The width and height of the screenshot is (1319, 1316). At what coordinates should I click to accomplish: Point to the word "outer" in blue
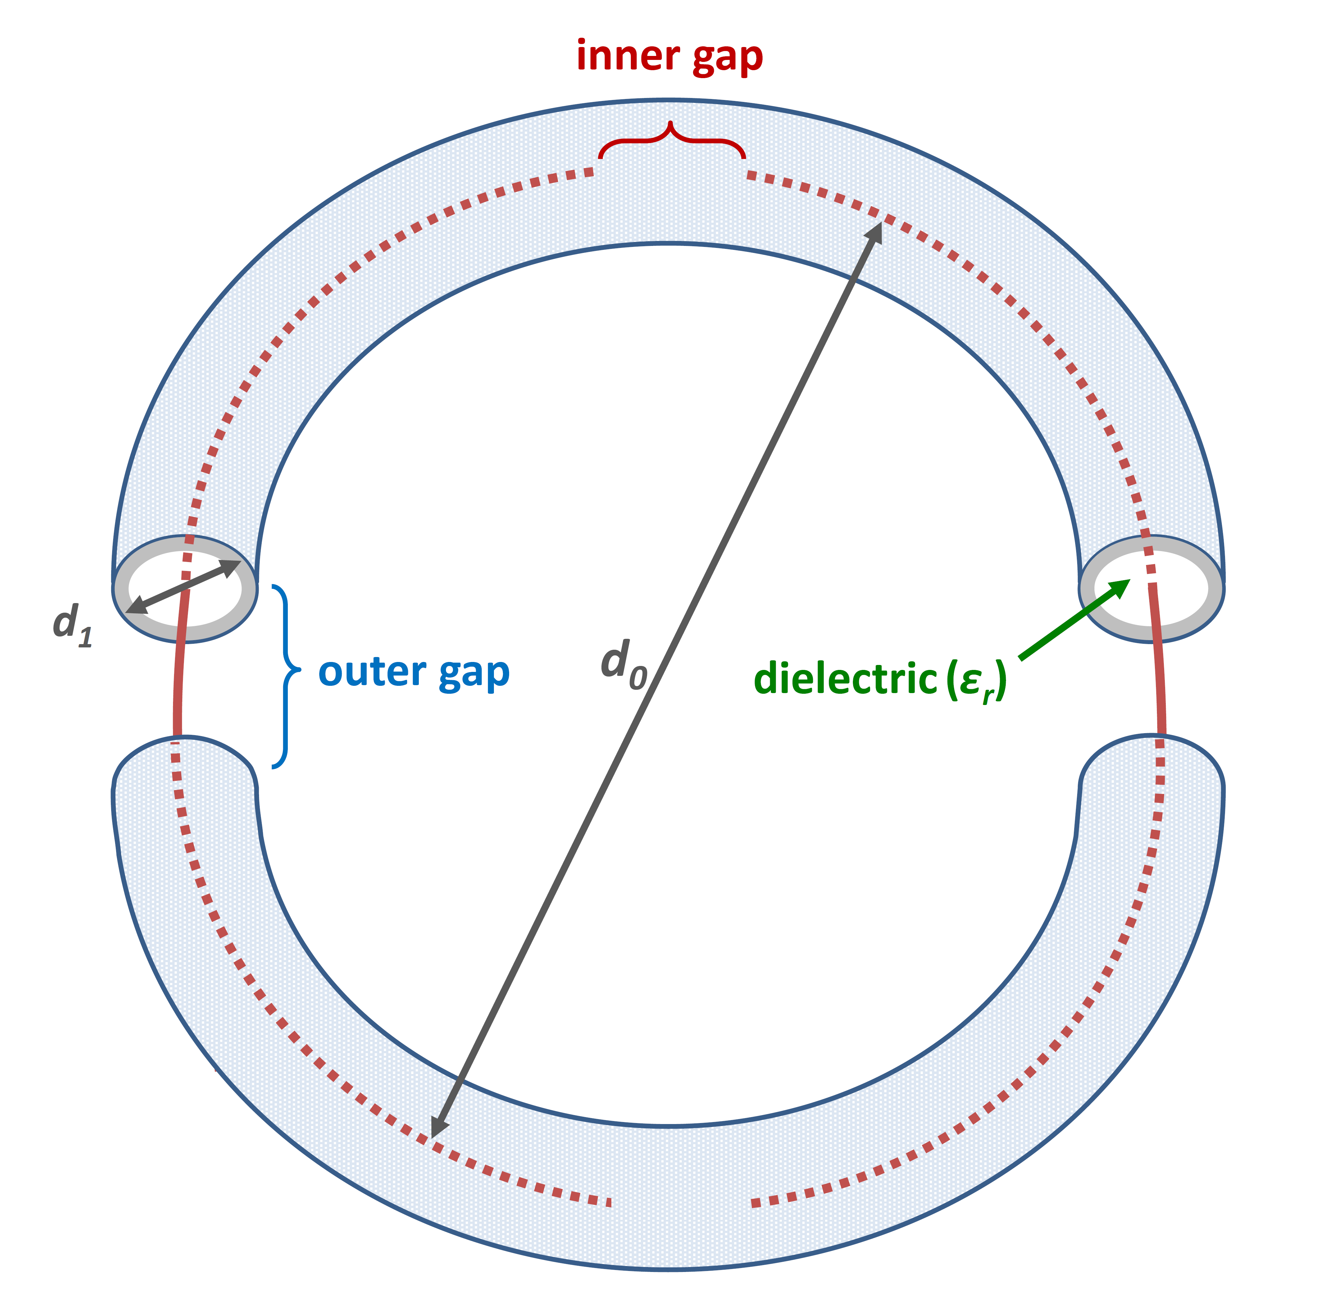pos(372,673)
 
